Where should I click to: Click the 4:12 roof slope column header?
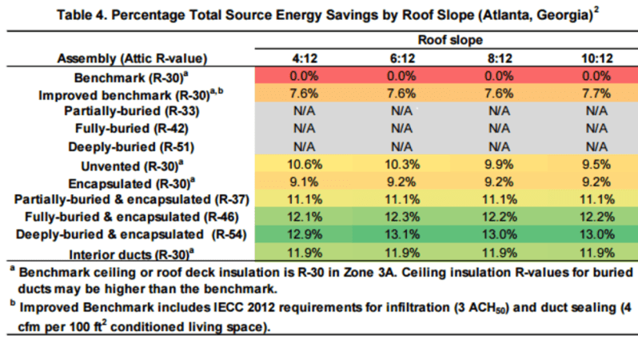coord(305,58)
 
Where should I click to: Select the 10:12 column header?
coord(597,58)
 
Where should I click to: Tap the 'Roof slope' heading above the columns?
coord(450,40)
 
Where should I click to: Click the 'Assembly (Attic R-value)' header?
coord(132,58)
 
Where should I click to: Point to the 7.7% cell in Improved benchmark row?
coord(596,94)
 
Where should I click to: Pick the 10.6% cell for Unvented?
coord(305,165)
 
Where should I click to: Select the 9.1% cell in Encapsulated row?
coord(304,182)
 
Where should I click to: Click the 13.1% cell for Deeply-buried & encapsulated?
coord(402,234)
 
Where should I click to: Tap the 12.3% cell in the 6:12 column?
coord(402,217)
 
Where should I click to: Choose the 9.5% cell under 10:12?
coord(596,165)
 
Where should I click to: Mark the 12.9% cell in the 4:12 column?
coord(305,234)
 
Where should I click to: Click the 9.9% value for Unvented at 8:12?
coord(499,165)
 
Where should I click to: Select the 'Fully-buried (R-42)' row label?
coord(132,129)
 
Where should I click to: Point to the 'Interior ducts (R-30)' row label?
coord(131,254)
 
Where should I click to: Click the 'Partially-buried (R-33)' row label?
coord(132,111)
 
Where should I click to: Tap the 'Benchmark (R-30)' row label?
coord(131,78)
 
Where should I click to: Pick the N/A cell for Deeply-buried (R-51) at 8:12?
coord(499,146)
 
